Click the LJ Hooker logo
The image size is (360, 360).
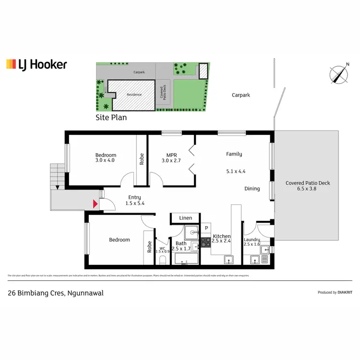pyautogui.click(x=36, y=64)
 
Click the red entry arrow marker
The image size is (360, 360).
pyautogui.click(x=95, y=204)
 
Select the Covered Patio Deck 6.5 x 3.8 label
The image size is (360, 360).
pyautogui.click(x=308, y=186)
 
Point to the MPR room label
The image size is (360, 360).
pyautogui.click(x=172, y=158)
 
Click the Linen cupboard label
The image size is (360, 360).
pyautogui.click(x=185, y=218)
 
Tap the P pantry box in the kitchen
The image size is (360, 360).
pyautogui.click(x=206, y=228)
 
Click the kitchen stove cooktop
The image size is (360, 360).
pyautogui.click(x=206, y=242)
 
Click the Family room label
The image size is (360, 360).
pyautogui.click(x=234, y=154)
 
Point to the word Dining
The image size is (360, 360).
pyautogui.click(x=252, y=189)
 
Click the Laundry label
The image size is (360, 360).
pyautogui.click(x=252, y=240)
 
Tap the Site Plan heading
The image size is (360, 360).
pyautogui.click(x=111, y=117)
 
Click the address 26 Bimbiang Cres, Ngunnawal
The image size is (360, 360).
pyautogui.click(x=56, y=292)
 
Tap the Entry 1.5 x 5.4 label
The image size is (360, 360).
pyautogui.click(x=134, y=200)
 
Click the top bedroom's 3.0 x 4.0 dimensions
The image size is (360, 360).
pyautogui.click(x=106, y=161)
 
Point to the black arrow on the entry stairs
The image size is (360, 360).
pyautogui.click(x=57, y=187)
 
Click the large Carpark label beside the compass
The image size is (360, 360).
pyautogui.click(x=241, y=95)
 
